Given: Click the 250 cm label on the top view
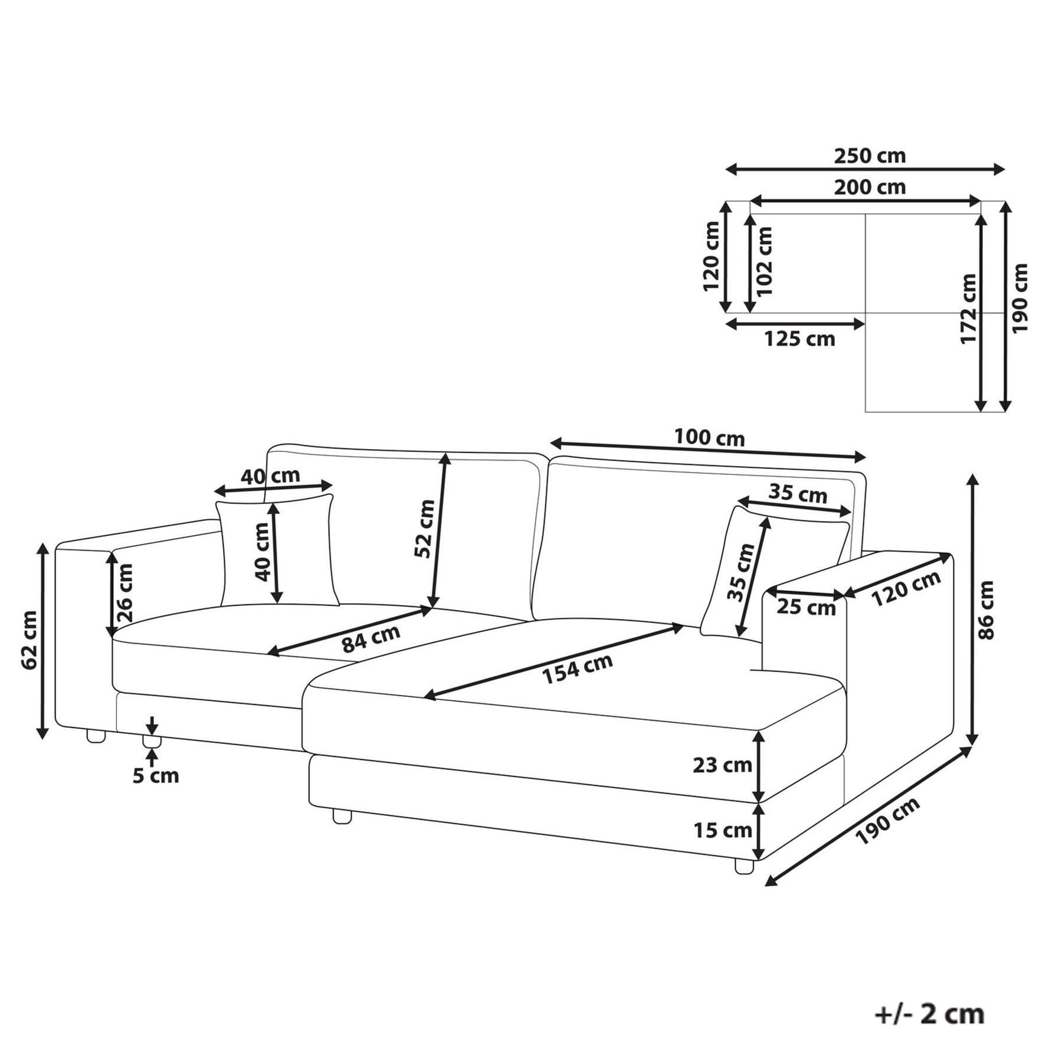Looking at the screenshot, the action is click(x=870, y=156).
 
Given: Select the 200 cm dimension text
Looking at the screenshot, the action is click(x=870, y=187).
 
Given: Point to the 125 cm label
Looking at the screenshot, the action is click(x=799, y=339).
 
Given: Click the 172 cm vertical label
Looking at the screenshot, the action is click(x=968, y=309).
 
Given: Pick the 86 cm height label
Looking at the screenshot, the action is click(x=986, y=610).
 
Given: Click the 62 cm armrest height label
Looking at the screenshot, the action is click(x=29, y=640).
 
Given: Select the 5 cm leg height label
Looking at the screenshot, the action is click(x=156, y=775).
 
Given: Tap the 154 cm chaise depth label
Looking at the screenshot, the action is click(x=577, y=669).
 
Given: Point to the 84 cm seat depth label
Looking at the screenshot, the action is click(x=371, y=638).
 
